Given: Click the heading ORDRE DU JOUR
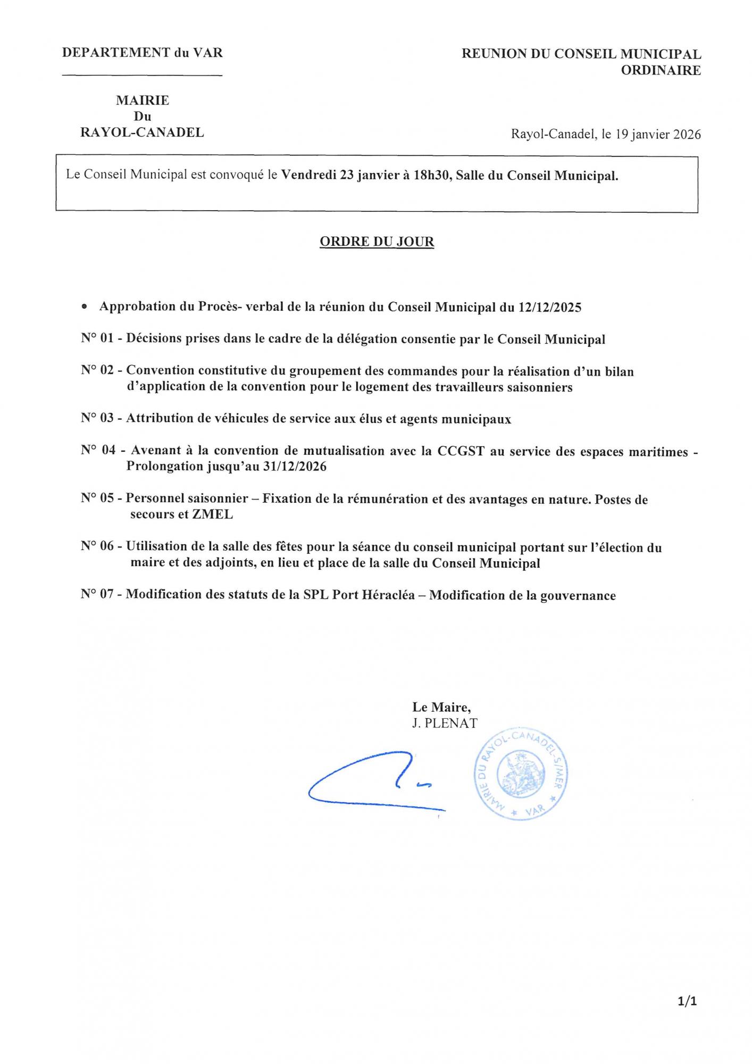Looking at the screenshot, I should click(x=377, y=242).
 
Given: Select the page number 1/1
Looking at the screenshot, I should click(x=687, y=1001).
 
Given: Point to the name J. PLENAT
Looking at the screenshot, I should click(x=444, y=723).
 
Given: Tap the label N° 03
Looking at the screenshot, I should click(x=97, y=419).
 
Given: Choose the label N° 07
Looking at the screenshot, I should click(x=97, y=594).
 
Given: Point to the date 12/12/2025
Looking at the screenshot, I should click(x=549, y=307).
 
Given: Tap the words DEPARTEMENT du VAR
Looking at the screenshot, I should click(x=142, y=53).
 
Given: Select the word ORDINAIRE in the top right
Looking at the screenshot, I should click(x=661, y=70).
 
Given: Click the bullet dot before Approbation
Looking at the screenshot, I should click(x=84, y=307).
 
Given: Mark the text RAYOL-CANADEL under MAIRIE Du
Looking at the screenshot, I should click(x=142, y=132).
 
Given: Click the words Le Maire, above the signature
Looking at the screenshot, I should click(x=441, y=707).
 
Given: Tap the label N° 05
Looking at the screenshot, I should click(x=97, y=498).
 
